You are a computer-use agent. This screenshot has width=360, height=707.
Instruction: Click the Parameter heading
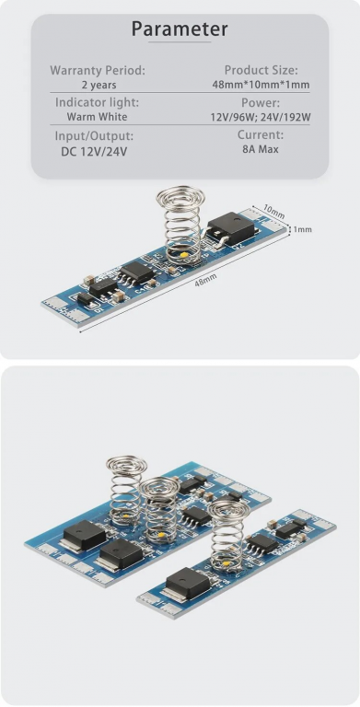click(180, 29)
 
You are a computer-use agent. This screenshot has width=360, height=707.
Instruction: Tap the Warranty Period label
click(98, 70)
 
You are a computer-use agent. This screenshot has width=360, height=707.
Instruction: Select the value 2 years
click(99, 85)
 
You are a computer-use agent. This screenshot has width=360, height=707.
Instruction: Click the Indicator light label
click(97, 102)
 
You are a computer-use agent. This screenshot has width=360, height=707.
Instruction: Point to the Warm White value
click(97, 117)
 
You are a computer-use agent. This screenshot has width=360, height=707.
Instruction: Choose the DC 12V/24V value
click(94, 152)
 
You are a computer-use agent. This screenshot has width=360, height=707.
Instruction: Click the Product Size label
click(261, 70)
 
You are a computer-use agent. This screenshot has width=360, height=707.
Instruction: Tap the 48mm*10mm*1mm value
click(261, 85)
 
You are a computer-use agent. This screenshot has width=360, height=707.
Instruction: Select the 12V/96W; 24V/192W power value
click(261, 117)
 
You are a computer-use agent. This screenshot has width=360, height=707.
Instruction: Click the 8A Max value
click(261, 149)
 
